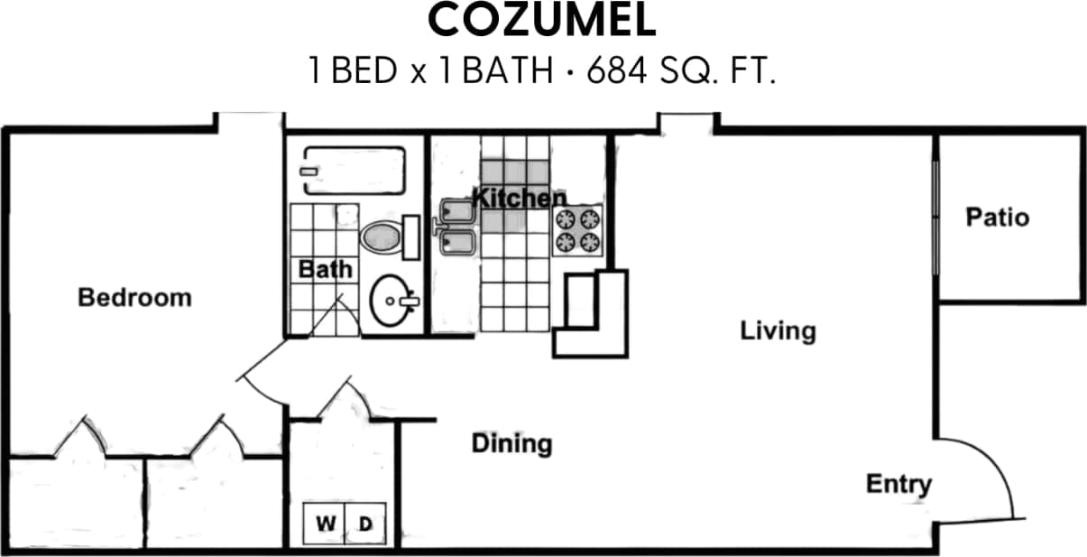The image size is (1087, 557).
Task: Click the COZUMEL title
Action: tap(542, 22)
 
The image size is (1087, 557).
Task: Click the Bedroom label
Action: tap(134, 297)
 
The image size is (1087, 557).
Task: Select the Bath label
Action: tap(326, 269)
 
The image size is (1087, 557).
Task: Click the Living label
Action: tap(778, 330)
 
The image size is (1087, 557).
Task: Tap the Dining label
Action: tap(511, 443)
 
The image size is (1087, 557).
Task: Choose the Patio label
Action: tap(997, 218)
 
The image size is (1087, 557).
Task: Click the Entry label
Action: tap(898, 484)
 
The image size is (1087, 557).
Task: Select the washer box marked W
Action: tap(324, 523)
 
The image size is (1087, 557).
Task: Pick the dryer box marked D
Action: tap(365, 523)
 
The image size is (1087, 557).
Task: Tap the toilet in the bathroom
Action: tap(385, 237)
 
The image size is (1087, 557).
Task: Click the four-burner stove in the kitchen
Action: tap(577, 229)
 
